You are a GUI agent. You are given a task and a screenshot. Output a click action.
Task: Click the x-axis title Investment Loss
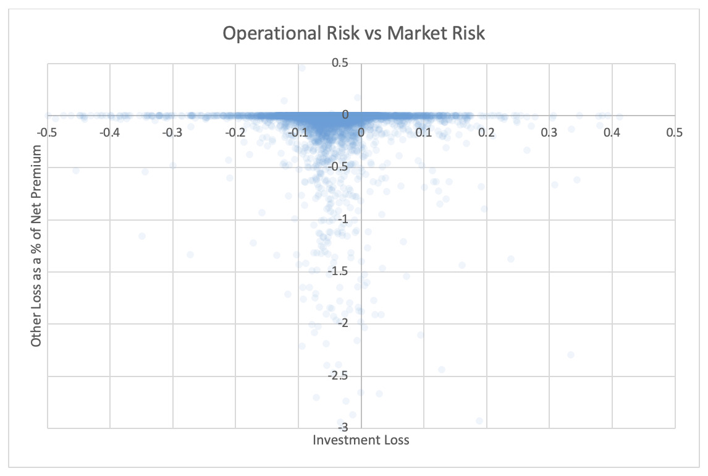tap(361, 441)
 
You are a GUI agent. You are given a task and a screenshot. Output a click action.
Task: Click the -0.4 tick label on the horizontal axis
tap(109, 132)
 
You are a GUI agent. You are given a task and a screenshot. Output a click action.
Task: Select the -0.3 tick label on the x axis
tap(172, 132)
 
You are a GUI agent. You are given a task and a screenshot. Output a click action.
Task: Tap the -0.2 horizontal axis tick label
tap(235, 132)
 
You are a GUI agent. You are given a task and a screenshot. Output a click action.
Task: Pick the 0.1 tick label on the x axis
tap(424, 132)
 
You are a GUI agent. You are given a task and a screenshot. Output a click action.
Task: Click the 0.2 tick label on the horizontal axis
tap(487, 132)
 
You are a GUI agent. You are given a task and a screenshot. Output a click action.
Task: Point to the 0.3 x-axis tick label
tap(549, 132)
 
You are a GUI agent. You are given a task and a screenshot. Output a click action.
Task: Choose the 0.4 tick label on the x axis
tap(612, 132)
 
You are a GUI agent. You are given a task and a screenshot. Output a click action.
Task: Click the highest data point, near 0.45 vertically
tap(302, 68)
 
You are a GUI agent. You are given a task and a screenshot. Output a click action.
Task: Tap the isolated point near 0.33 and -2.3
tap(571, 355)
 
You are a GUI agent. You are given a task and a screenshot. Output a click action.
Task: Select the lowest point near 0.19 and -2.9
tap(479, 420)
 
